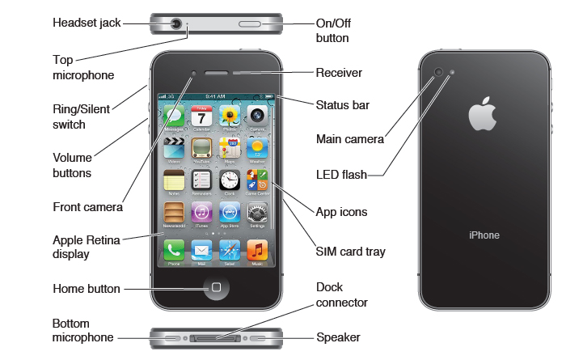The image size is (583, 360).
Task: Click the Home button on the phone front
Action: (216, 288)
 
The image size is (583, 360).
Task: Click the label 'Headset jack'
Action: (87, 23)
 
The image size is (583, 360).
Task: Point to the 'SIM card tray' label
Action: (350, 252)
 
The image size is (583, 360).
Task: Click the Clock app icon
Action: (230, 180)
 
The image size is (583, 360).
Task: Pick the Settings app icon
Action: (257, 213)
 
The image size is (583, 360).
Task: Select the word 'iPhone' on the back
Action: (484, 235)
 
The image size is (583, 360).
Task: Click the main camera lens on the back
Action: (439, 73)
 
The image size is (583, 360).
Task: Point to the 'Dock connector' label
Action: (342, 295)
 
